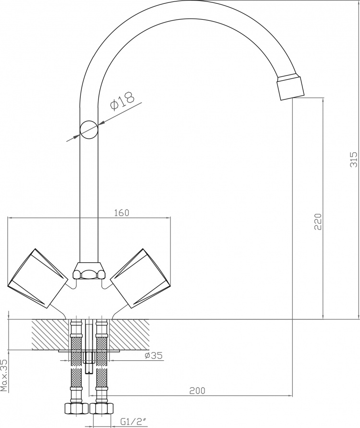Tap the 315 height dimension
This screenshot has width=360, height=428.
click(x=353, y=159)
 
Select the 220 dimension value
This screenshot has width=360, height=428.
click(x=318, y=221)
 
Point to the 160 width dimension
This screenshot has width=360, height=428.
click(x=121, y=213)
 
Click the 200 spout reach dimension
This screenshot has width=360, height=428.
click(x=197, y=391)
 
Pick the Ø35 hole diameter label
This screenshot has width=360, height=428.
click(x=154, y=355)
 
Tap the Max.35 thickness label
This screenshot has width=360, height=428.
click(x=5, y=375)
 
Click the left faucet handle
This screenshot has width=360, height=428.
click(x=37, y=277)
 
